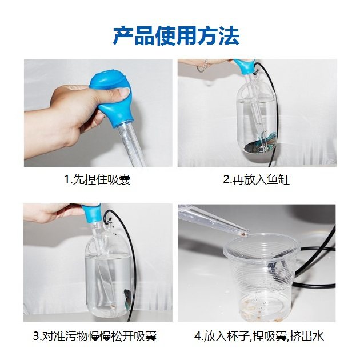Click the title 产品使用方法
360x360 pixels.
pos(177,36)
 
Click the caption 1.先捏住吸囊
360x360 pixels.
pos(97,179)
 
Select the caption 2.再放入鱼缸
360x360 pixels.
pos(256,179)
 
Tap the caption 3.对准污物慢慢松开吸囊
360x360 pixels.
pos(95,336)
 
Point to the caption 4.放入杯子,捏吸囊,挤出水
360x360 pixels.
pos(259,336)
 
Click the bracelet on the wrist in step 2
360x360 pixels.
pos(203,67)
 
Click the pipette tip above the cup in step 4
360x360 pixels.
pos(246,233)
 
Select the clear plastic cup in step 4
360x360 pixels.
pos(261,277)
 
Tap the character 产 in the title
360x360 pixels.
pos(123,36)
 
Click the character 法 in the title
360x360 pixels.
pos(229,36)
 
